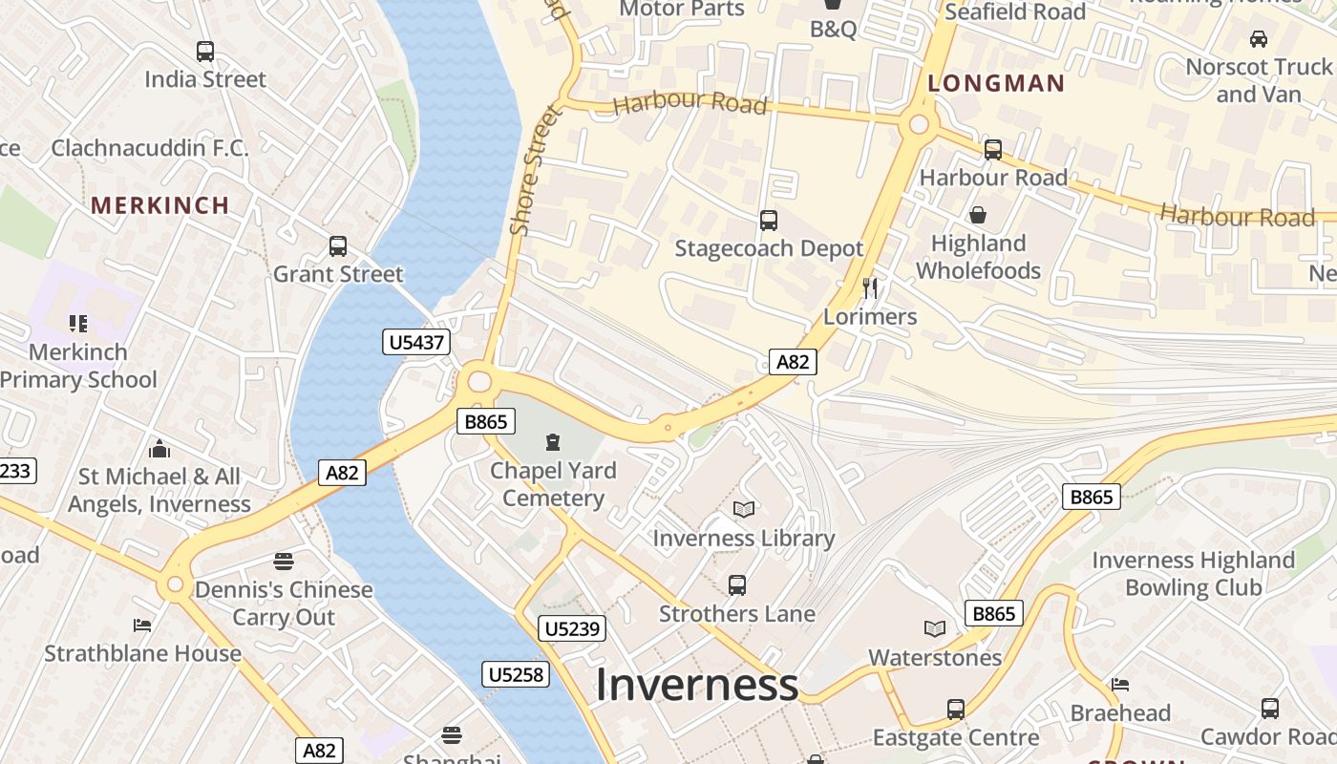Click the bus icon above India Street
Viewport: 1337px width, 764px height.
[204, 52]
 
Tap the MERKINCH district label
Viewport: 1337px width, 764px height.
[160, 205]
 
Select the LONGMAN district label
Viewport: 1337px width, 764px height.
[996, 84]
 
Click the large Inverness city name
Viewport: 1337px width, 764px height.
[697, 685]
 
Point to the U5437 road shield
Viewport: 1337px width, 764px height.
[417, 342]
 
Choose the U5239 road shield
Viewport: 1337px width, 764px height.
[573, 628]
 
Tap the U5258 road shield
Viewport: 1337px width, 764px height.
[516, 675]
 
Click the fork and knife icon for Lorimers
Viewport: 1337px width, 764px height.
[869, 287]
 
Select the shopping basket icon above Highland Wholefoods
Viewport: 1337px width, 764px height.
[977, 215]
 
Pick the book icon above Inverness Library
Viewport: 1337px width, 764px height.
[744, 510]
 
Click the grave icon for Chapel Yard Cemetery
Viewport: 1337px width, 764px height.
[552, 441]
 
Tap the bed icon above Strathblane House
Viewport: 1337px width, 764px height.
[141, 626]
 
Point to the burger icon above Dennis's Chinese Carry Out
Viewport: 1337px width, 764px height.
[283, 561]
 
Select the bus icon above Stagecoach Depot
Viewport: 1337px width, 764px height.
[768, 221]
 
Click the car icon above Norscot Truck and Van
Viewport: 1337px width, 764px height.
[1259, 39]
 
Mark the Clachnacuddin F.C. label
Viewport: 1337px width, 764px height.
[150, 148]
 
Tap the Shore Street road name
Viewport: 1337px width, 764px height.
[533, 169]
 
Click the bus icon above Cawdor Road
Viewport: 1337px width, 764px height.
[1269, 709]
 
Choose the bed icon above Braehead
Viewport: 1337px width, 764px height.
[1120, 684]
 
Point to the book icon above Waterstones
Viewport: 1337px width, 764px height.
[935, 628]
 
